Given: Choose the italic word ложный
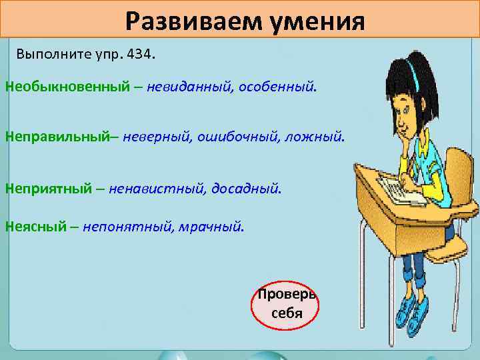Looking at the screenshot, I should [x=317, y=137].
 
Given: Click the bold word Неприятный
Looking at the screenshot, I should [x=48, y=189].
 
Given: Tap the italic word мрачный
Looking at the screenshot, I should [x=211, y=227].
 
